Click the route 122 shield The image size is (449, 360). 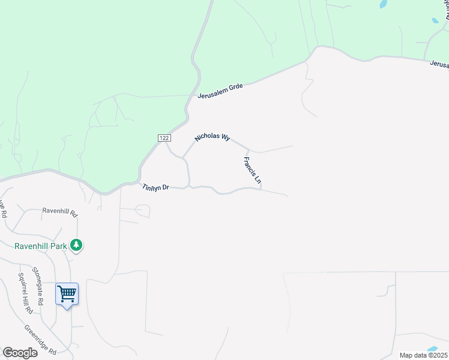[x=164, y=138]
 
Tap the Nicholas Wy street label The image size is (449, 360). [x=212, y=137]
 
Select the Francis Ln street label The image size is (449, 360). [x=253, y=170]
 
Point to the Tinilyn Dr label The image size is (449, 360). [x=156, y=188]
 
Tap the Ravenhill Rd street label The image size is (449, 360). [x=60, y=212]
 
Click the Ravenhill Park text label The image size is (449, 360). [x=41, y=246]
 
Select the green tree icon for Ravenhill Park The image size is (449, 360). [x=76, y=245]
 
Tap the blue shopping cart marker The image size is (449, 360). [x=67, y=295]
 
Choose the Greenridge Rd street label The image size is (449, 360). [x=40, y=339]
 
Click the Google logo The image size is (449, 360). [x=20, y=353]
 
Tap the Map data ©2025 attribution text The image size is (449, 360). [x=423, y=355]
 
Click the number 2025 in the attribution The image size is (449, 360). [x=437, y=355]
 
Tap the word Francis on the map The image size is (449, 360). [x=249, y=164]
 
